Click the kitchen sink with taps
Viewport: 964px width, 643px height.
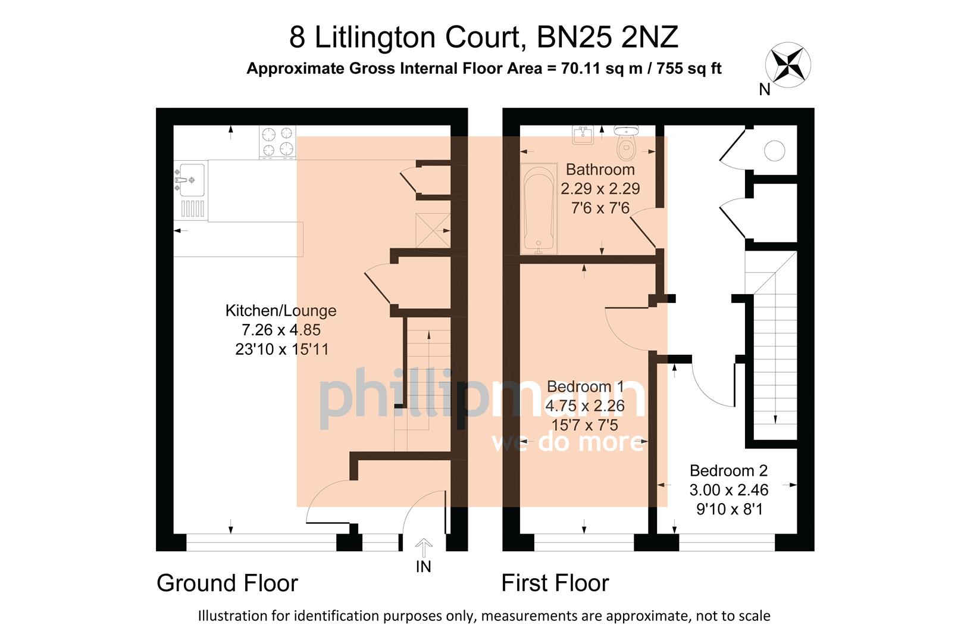coord(190,180)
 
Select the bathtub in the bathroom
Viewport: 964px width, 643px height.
coord(539,208)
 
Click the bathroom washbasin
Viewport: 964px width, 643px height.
coord(583,135)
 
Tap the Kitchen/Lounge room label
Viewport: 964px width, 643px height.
coord(281,310)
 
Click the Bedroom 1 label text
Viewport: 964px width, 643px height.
coord(585,386)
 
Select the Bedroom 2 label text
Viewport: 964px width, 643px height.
coord(728,470)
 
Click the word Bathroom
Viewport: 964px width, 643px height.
coord(600,169)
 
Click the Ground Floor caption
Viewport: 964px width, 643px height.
coord(227,583)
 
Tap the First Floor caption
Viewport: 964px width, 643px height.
coord(555,583)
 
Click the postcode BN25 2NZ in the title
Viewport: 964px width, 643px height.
coord(608,38)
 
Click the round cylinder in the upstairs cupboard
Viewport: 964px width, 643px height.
coord(774,151)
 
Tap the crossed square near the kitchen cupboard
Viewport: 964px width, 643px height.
coord(433,230)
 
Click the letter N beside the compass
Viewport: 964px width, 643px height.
coord(765,90)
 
